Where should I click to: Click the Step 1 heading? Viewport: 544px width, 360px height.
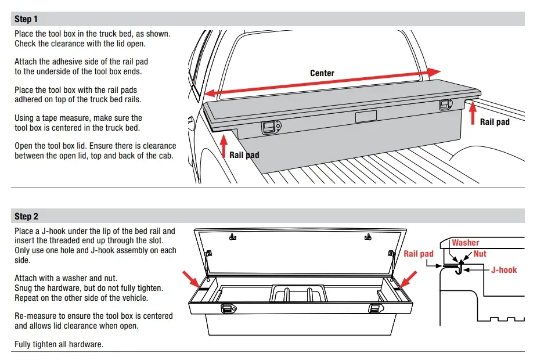(x=26, y=19)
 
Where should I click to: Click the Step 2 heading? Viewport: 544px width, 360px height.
(x=26, y=217)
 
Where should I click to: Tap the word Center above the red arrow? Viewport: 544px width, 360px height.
(x=322, y=73)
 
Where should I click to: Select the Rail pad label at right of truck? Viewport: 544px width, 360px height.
(x=495, y=122)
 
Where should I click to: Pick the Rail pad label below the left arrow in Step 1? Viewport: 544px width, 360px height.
(x=244, y=155)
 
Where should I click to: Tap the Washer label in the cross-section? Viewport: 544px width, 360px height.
(x=466, y=243)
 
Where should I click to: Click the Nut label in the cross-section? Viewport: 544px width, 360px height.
(x=480, y=254)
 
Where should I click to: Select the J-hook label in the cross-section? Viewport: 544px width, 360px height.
(x=503, y=269)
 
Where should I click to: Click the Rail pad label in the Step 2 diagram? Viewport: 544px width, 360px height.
(x=419, y=254)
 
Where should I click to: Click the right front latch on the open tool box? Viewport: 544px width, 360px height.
(x=376, y=308)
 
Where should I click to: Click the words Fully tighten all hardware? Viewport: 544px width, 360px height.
(x=59, y=344)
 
